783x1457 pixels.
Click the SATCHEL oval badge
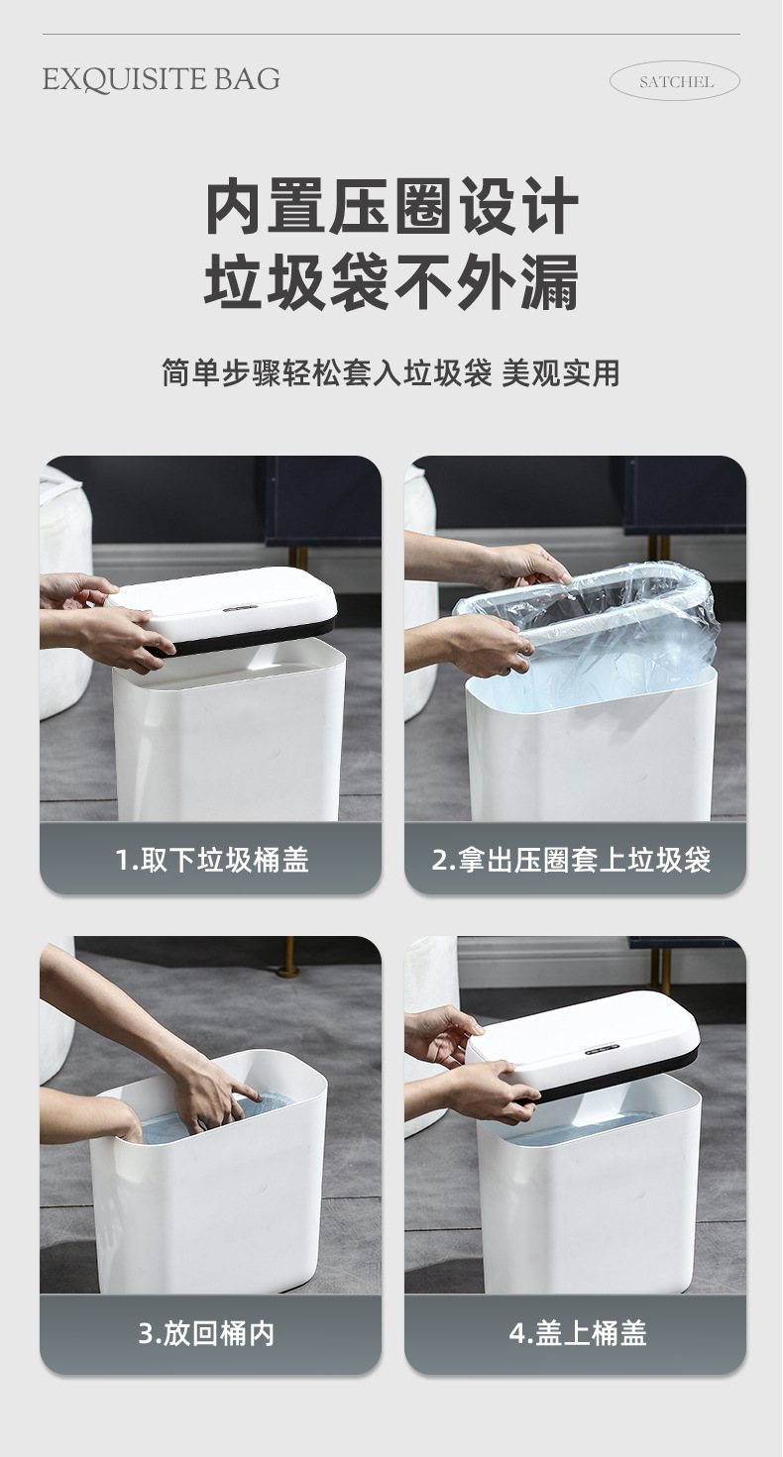(x=674, y=81)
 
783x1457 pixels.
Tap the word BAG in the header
(x=248, y=78)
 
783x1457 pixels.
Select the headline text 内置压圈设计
(x=391, y=206)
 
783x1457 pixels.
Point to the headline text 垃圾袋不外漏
(x=391, y=281)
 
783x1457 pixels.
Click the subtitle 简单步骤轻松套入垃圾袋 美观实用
(x=391, y=372)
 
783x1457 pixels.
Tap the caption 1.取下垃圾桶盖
(x=211, y=859)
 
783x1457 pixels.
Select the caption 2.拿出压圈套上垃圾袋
(x=572, y=859)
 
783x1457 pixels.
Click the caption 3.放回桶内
(x=206, y=1333)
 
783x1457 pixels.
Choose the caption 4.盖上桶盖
(x=578, y=1333)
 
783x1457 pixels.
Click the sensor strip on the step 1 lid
(x=241, y=609)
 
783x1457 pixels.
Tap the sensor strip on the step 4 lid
(x=602, y=1049)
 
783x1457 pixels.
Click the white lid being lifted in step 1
(x=225, y=608)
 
